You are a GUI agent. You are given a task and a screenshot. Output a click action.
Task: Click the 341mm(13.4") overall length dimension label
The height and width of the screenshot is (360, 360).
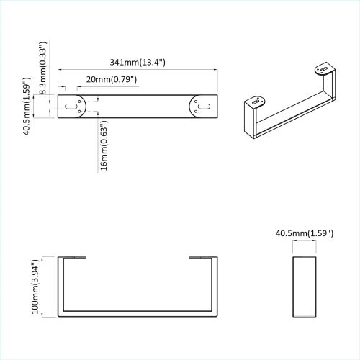coord(137,63)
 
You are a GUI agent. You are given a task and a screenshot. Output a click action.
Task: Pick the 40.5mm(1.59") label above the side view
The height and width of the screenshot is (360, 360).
coord(304,233)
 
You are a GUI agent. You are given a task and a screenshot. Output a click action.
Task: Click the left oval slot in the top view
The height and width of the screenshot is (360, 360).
coord(71,106)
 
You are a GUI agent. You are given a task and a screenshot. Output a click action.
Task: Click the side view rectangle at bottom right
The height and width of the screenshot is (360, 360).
coord(304,286)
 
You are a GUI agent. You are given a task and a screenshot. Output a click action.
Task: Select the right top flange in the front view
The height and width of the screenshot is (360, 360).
coord(202,256)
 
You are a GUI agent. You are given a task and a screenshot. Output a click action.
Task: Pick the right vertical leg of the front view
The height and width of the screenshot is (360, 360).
coord(215,286)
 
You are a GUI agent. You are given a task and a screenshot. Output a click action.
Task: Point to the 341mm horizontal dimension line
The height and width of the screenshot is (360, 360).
coord(137,70)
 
